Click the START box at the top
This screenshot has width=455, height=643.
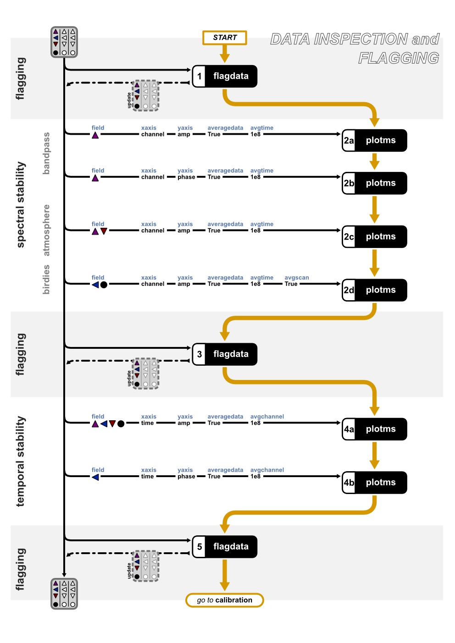(x=224, y=38)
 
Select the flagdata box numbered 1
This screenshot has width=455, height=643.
(x=224, y=76)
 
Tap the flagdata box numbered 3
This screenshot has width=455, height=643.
(x=224, y=354)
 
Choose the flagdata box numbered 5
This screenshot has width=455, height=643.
(x=224, y=547)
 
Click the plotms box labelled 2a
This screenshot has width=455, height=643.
(x=374, y=140)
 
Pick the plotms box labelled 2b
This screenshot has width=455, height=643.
(x=374, y=183)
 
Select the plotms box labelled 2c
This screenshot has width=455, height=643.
(x=374, y=236)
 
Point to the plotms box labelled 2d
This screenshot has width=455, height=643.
(x=374, y=290)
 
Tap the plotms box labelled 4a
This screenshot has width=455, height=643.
(x=374, y=429)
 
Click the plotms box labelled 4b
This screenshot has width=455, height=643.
(x=374, y=483)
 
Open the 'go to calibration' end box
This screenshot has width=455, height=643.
(x=224, y=600)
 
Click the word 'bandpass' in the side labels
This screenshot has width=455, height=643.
(x=46, y=153)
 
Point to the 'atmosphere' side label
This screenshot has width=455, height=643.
(x=46, y=230)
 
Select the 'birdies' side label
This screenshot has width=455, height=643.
(x=46, y=279)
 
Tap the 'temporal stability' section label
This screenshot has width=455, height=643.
(x=21, y=461)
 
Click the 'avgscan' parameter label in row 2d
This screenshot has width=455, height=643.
(x=296, y=278)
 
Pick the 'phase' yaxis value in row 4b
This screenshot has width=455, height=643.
(x=186, y=477)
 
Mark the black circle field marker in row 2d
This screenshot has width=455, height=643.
(x=104, y=285)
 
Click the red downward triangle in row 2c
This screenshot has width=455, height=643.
(x=104, y=231)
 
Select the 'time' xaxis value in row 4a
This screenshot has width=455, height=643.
(x=147, y=423)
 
